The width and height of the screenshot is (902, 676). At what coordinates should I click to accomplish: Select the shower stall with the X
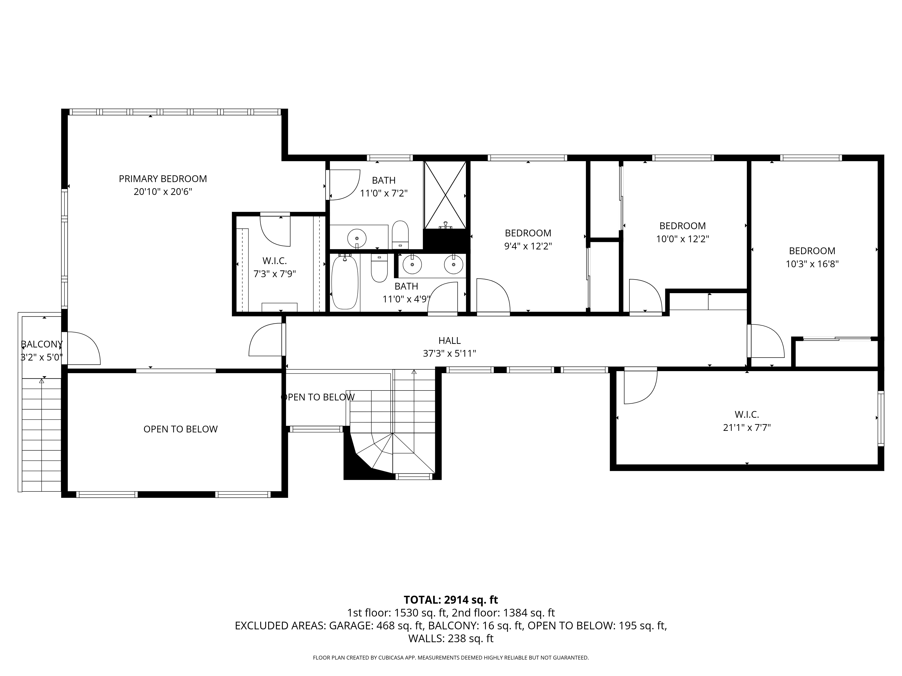(445, 195)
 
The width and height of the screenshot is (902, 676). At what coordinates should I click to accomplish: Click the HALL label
(449, 340)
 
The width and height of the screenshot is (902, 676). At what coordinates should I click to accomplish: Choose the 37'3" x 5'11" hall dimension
(449, 353)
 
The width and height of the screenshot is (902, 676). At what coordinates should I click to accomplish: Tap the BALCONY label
(41, 344)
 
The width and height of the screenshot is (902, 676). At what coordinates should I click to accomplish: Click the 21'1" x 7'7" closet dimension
(747, 427)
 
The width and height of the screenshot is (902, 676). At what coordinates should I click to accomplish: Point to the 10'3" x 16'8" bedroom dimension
(812, 264)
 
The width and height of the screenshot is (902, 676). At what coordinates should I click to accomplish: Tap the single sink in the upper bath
(357, 237)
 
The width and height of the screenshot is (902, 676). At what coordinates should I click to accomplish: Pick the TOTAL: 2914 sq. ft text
(451, 600)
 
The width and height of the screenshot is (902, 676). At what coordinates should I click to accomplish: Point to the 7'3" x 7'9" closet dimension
(274, 273)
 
